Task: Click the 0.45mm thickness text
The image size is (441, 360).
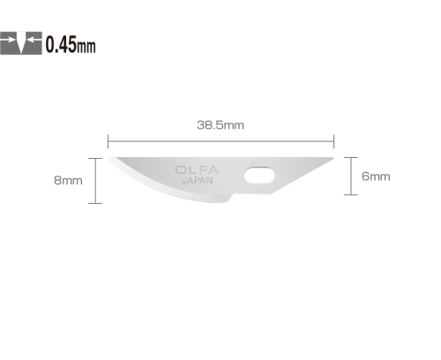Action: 71,44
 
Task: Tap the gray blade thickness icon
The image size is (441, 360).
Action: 21,43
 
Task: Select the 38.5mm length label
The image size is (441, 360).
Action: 220,125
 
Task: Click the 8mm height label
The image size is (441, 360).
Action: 68,180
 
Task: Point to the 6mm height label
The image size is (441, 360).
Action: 376,176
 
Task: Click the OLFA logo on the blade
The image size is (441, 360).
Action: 197,170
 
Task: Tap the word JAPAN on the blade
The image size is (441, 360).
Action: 197,180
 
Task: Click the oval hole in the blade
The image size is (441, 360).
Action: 259,176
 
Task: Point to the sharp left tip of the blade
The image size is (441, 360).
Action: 108,159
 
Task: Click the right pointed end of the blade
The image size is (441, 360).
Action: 333,158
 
